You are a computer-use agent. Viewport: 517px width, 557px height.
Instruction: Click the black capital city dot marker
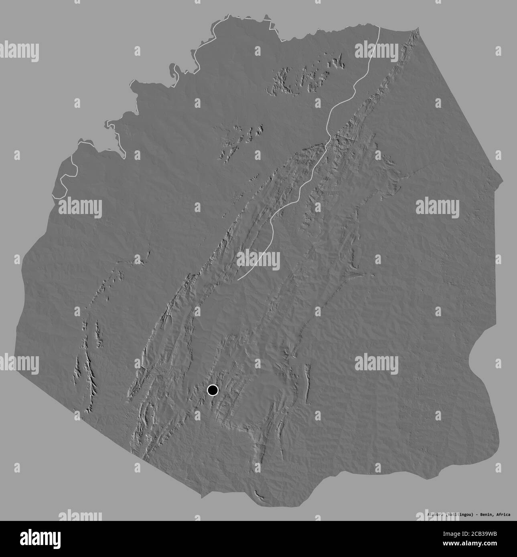point(212,390)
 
